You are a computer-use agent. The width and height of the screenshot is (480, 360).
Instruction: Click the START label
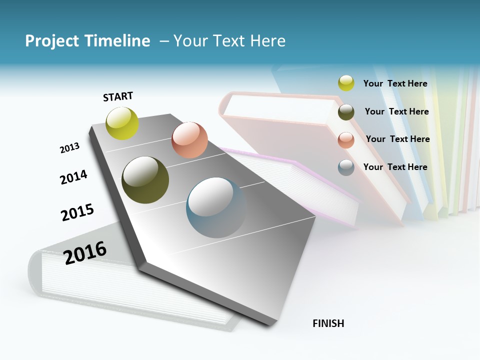(118, 96)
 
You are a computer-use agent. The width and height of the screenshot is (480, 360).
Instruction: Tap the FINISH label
(328, 323)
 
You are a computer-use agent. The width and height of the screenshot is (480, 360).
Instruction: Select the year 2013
(69, 148)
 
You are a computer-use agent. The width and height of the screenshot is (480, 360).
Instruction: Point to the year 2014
(73, 177)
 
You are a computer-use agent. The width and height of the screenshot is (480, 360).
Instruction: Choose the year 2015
(77, 212)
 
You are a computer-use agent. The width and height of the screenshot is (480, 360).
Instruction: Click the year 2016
(85, 252)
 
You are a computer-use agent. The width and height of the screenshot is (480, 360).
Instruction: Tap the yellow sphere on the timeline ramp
(122, 123)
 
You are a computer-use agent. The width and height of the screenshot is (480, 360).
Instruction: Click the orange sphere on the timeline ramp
(189, 140)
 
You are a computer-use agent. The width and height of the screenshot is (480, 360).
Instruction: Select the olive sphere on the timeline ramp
(145, 180)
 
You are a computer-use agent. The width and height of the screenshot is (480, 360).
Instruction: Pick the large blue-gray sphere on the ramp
(216, 207)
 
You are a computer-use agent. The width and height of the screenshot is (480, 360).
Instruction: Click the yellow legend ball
(346, 83)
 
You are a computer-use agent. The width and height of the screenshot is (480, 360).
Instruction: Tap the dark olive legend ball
(346, 112)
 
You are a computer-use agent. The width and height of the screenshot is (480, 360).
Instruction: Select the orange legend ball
(346, 140)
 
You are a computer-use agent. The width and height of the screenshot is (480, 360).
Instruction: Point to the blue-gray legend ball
(346, 167)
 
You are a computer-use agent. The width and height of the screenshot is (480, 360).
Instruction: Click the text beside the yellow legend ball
(395, 83)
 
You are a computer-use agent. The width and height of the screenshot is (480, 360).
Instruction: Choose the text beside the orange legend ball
(397, 139)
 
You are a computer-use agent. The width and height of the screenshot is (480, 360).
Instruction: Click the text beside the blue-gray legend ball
(395, 167)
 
